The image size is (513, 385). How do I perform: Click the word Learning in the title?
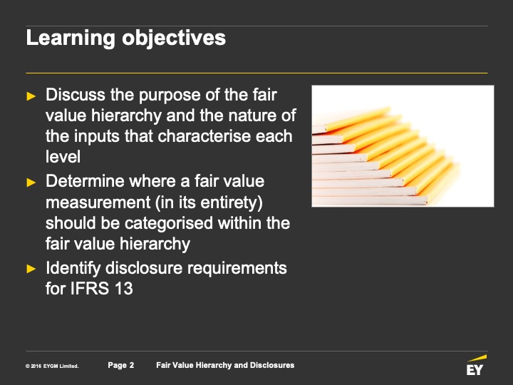point(71,38)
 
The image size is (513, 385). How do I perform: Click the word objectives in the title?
point(174,38)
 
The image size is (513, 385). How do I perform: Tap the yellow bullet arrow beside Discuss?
point(31,96)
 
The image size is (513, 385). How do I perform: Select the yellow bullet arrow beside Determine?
point(31,183)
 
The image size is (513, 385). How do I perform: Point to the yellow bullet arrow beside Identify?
point(31,269)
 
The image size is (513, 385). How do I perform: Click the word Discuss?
point(76,95)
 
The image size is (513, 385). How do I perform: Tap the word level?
point(63,156)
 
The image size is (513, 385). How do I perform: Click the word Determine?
point(85,181)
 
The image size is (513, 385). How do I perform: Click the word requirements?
point(237,269)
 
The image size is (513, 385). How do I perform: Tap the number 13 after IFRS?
point(124,289)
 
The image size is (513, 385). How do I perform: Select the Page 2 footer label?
point(120,365)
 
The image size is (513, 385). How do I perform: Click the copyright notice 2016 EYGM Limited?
point(52,366)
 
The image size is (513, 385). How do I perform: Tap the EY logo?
point(476,365)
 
